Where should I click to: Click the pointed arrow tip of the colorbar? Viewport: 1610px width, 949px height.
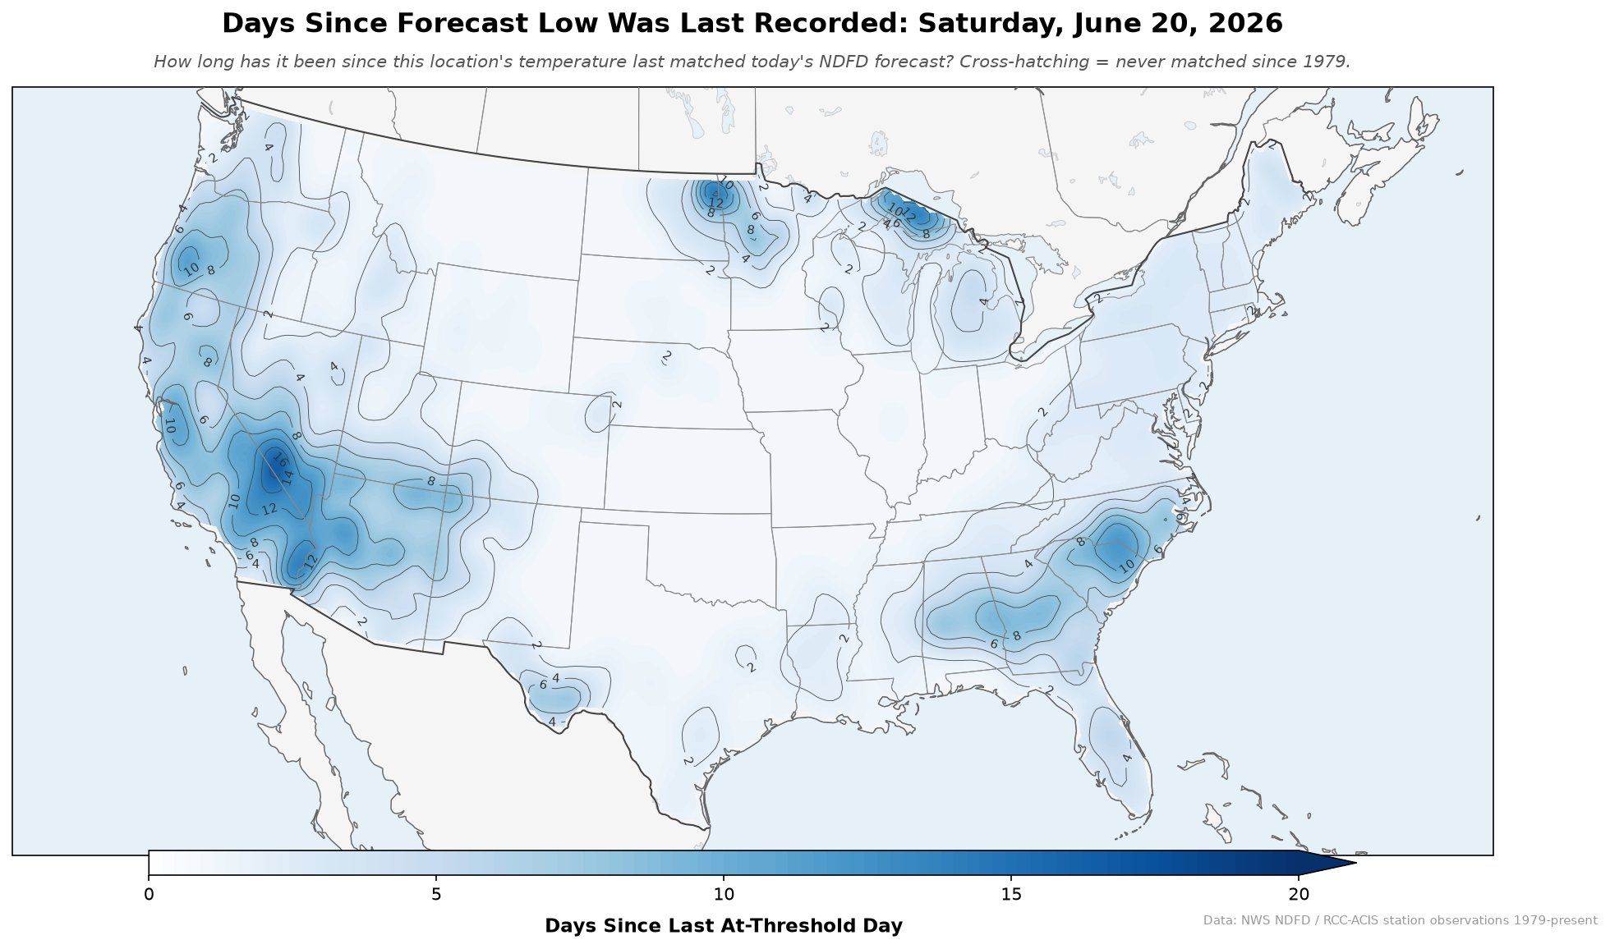click(1355, 863)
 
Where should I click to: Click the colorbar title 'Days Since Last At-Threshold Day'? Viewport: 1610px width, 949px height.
click(724, 926)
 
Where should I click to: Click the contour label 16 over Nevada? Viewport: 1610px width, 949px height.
click(278, 460)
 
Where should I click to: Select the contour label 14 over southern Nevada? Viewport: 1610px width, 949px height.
click(287, 475)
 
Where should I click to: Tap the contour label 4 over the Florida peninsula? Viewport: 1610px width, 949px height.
click(1127, 758)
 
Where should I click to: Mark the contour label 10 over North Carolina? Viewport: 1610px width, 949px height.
click(1126, 565)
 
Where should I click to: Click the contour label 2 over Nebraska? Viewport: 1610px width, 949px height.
click(667, 356)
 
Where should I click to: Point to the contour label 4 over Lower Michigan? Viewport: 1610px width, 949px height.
click(984, 302)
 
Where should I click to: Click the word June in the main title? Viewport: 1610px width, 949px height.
click(1097, 24)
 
